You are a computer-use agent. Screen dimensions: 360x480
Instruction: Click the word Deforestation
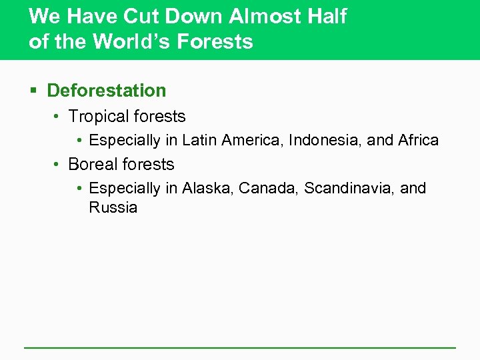(107, 90)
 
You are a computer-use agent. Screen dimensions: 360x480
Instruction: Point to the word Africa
(418, 141)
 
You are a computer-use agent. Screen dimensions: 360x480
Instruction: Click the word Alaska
(204, 189)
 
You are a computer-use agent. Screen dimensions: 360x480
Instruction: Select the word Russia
(113, 207)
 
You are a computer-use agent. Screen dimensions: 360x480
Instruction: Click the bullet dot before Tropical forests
(57, 117)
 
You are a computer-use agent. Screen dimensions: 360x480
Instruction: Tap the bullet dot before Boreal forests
(57, 165)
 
